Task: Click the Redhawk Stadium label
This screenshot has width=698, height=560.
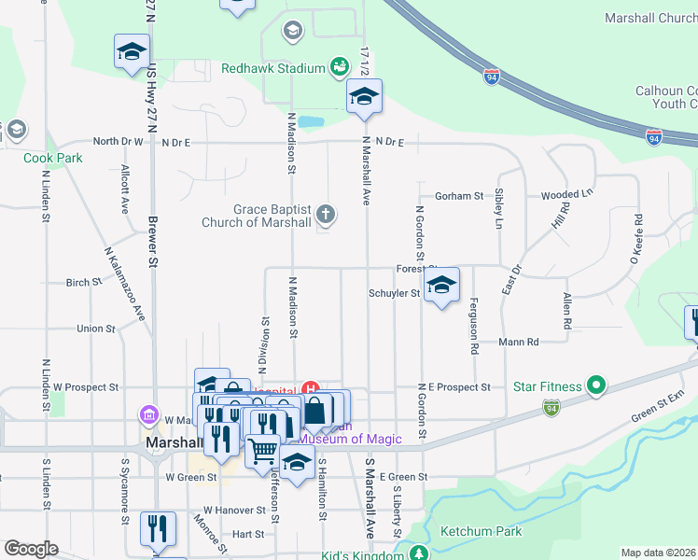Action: (x=272, y=68)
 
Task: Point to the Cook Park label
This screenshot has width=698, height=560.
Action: (x=53, y=158)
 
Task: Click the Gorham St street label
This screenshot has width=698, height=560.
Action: (x=458, y=196)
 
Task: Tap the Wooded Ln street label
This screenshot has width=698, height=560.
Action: (x=566, y=195)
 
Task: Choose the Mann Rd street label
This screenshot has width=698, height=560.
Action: (x=519, y=343)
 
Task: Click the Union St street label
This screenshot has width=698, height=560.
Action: (x=96, y=329)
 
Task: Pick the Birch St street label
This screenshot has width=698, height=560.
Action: (x=84, y=282)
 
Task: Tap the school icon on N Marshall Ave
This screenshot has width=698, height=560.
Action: (x=364, y=96)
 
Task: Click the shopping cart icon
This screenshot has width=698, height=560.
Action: (x=263, y=451)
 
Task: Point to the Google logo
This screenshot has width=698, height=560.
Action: (x=30, y=549)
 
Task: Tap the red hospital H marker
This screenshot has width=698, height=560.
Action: (x=313, y=389)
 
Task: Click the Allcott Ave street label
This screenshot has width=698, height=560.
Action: (x=123, y=190)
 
